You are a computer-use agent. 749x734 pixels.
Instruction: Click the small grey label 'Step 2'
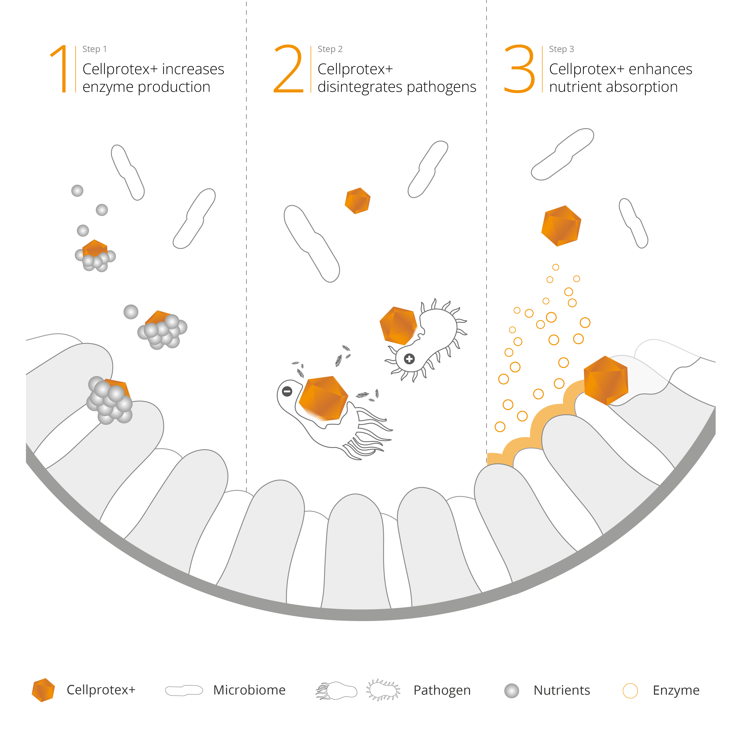point(330,49)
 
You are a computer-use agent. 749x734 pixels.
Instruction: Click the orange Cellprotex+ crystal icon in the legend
point(43,690)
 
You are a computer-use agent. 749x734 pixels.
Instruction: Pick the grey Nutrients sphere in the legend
point(512,691)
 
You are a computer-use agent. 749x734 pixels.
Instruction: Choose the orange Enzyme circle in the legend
point(630,691)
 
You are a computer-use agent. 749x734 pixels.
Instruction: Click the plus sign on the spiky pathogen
point(409,359)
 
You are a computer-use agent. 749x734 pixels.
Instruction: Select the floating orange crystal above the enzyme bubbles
point(561,226)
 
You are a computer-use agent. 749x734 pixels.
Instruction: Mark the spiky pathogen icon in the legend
point(383,690)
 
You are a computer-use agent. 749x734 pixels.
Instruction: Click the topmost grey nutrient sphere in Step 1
point(77,190)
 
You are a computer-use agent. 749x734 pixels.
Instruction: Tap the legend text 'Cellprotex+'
point(101,690)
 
